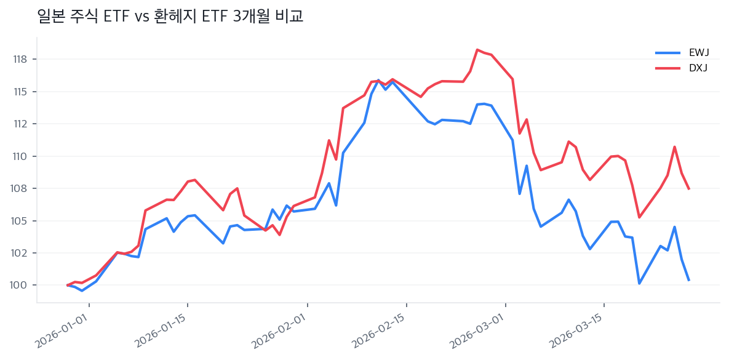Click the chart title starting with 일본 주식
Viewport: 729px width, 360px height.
pyautogui.click(x=170, y=17)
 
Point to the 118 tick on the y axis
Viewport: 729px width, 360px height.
pyautogui.click(x=20, y=60)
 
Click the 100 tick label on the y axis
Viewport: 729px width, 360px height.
pyautogui.click(x=20, y=286)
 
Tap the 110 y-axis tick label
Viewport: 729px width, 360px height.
pyautogui.click(x=20, y=156)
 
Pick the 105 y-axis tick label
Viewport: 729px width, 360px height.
pyautogui.click(x=20, y=221)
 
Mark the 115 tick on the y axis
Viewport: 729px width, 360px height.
pyautogui.click(x=20, y=92)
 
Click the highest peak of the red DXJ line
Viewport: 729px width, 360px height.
pyautogui.click(x=477, y=50)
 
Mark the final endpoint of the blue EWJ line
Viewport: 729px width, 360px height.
pyautogui.click(x=688, y=280)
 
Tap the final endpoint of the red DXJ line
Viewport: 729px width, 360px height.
pyautogui.click(x=688, y=188)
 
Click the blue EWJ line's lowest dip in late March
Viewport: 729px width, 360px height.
pyautogui.click(x=639, y=283)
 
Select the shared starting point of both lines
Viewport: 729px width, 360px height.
pyautogui.click(x=68, y=285)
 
